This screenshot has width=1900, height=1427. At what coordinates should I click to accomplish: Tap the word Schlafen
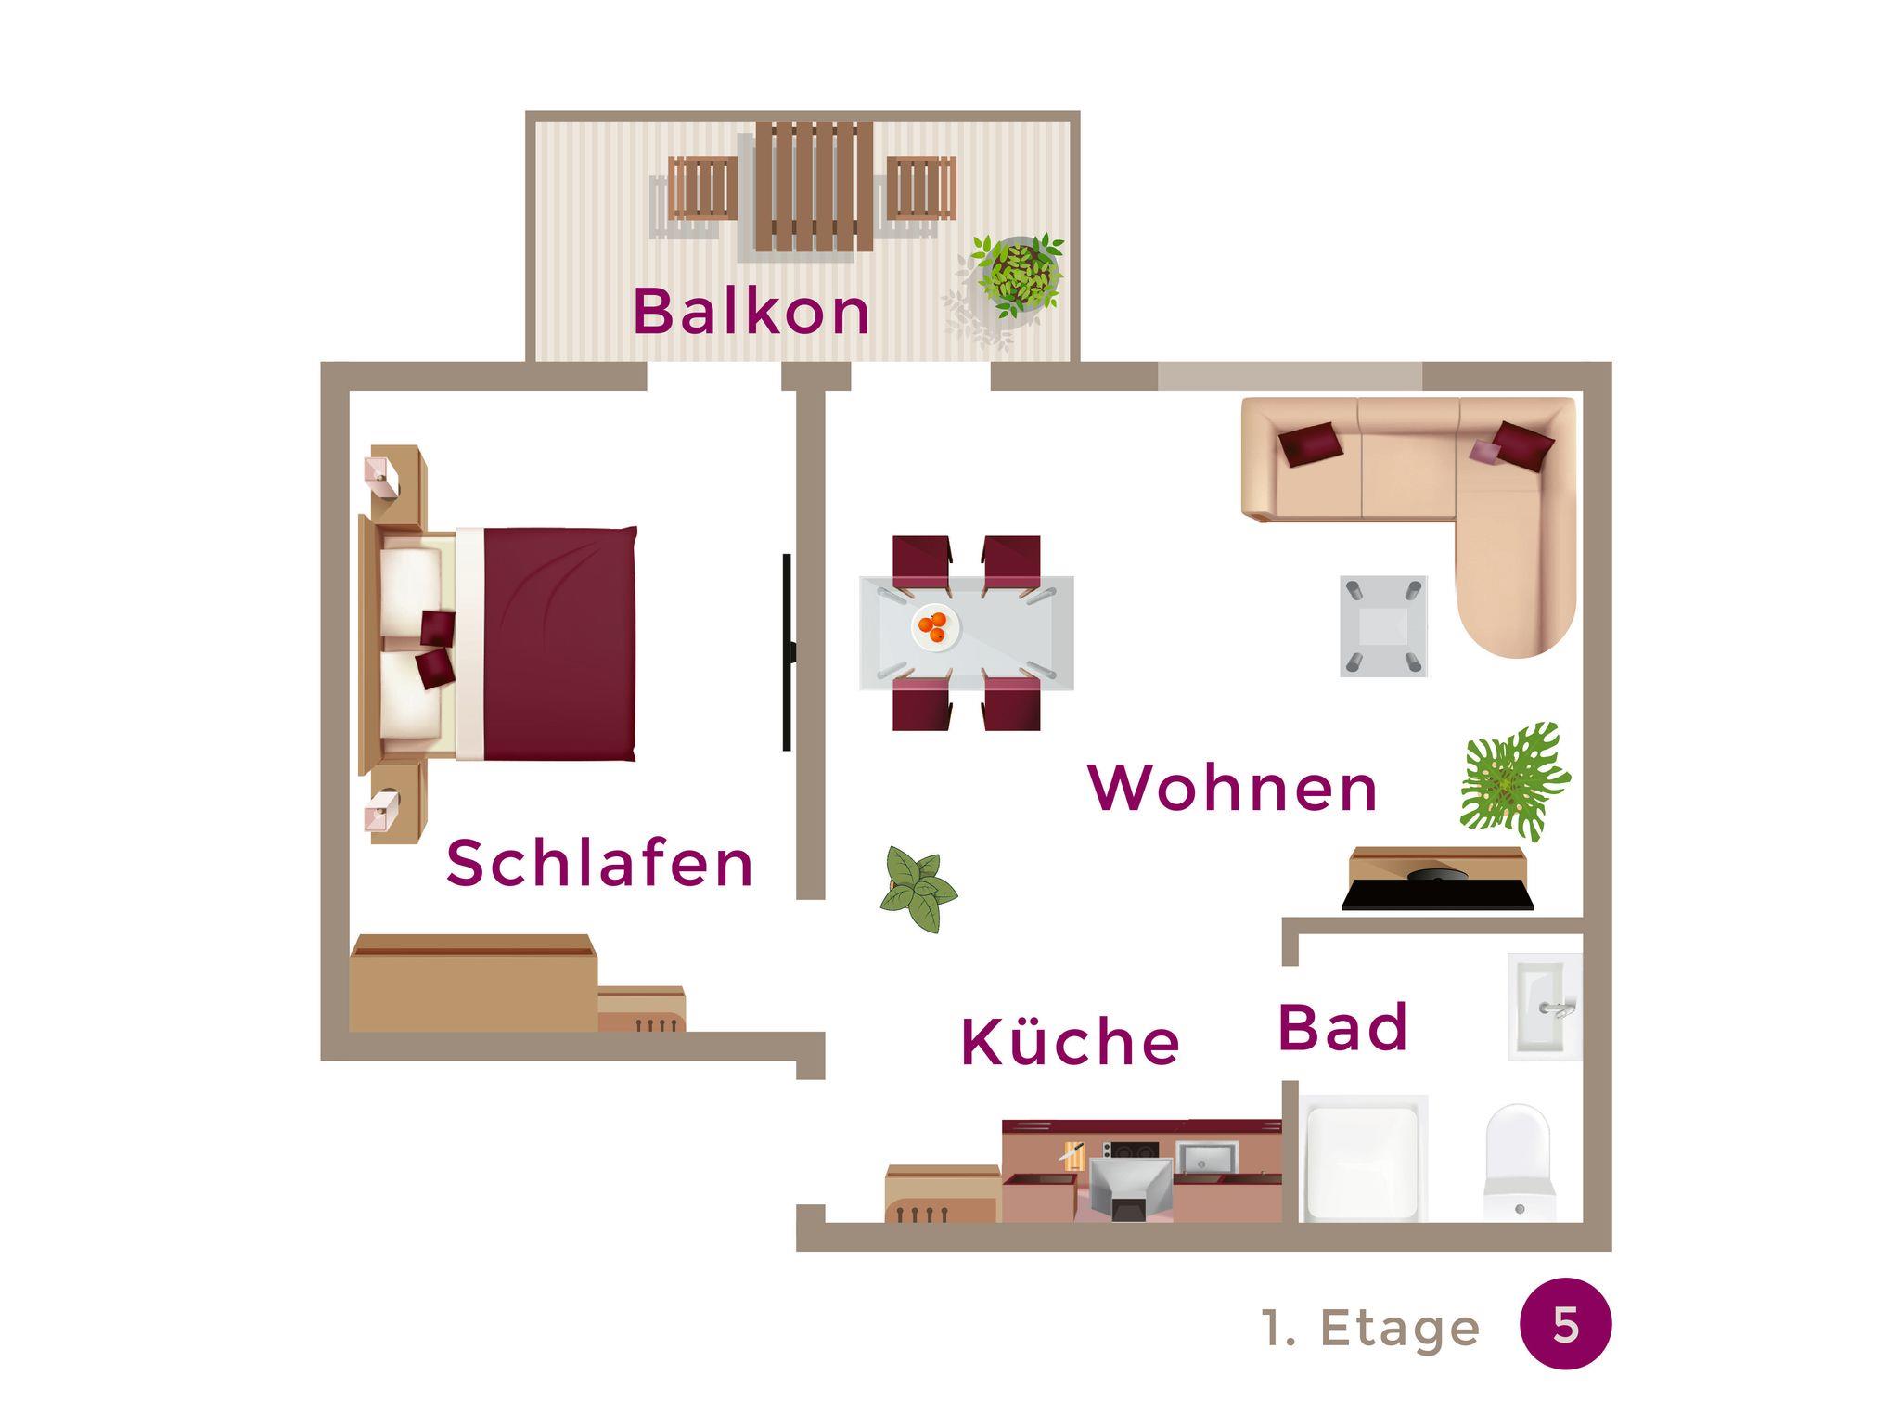(x=599, y=863)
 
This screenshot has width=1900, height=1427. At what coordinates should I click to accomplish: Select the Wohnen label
(x=1233, y=788)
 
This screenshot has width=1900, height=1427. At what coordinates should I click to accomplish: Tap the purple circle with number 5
(x=1566, y=1325)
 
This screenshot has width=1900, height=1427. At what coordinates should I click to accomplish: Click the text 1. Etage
(x=1371, y=1328)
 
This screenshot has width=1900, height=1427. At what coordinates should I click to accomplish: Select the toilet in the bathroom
(x=1518, y=1162)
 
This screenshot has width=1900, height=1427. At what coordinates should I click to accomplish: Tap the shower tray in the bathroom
(x=1363, y=1159)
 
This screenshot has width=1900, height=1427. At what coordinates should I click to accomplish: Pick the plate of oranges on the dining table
(x=936, y=628)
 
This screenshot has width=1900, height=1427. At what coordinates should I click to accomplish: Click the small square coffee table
(x=1383, y=625)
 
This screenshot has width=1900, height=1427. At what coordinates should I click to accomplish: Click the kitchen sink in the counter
(x=1207, y=1156)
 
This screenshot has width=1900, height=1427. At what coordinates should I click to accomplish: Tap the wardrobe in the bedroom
(x=472, y=983)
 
